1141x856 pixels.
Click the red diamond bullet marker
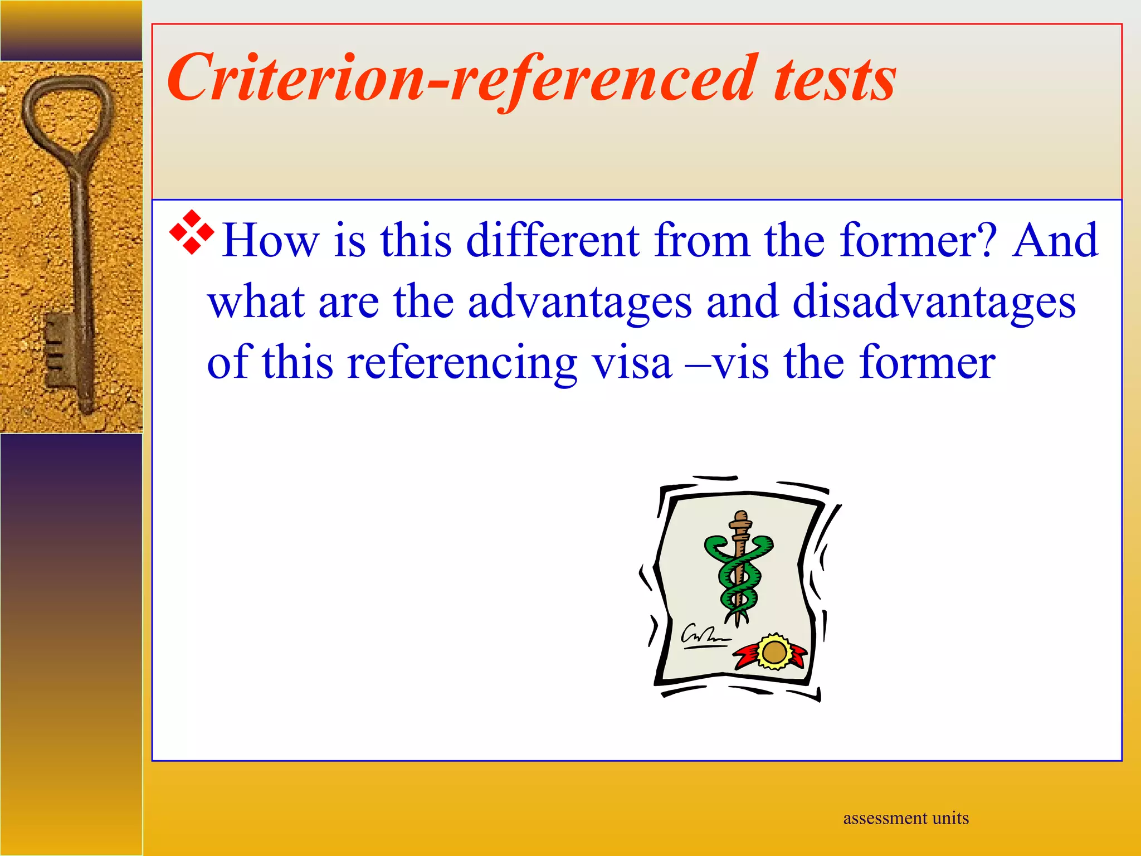coord(192,232)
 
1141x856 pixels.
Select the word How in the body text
coord(270,241)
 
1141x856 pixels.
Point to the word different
coord(552,241)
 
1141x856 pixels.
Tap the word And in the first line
coord(1055,241)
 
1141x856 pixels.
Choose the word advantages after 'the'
coord(579,303)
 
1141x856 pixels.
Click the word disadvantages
coord(934,303)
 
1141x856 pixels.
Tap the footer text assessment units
coord(906,818)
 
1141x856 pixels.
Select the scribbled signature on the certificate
coord(704,636)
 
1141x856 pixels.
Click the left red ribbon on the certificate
coord(746,655)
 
